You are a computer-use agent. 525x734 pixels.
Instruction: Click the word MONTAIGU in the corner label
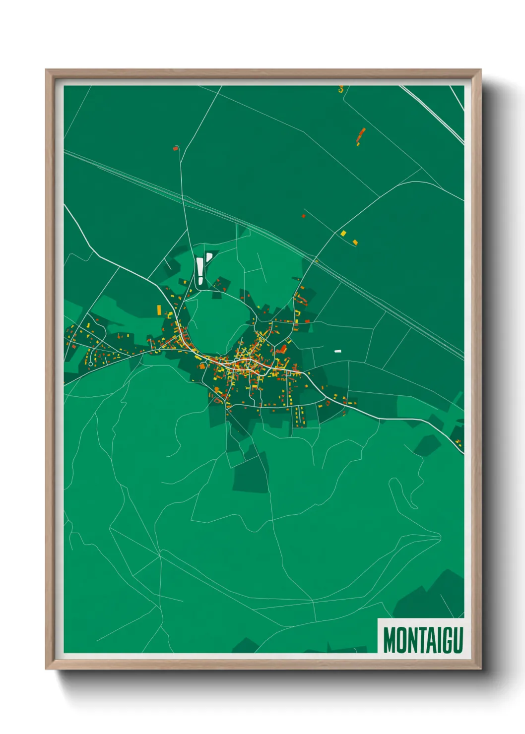423,640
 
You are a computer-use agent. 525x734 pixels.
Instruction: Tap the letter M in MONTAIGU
390,640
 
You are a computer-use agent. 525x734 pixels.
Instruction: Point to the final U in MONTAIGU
458,640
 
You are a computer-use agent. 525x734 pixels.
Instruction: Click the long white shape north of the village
200,270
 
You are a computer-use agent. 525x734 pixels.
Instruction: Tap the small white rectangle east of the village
338,351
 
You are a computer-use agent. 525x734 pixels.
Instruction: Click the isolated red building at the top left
175,147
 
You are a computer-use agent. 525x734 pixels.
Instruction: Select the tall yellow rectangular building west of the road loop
159,310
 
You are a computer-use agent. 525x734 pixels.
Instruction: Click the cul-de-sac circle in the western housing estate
90,364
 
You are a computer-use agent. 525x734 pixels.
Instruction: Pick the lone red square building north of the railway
304,216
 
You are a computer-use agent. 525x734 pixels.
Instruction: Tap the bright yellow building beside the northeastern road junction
343,233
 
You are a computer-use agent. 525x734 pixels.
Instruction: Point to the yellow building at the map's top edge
340,89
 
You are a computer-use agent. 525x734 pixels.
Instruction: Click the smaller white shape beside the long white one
209,256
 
